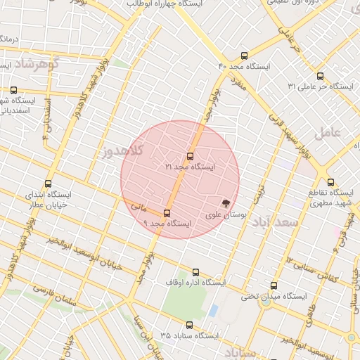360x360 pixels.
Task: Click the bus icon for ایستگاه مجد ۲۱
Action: [x=190, y=156]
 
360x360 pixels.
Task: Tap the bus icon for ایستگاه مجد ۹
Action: [x=167, y=212]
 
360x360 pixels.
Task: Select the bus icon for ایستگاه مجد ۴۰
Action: [x=244, y=55]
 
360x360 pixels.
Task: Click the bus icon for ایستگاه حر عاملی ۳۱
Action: [x=320, y=76]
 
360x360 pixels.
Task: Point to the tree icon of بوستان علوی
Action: [x=225, y=202]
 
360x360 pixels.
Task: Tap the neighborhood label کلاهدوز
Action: [x=122, y=150]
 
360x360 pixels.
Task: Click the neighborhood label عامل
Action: [x=328, y=131]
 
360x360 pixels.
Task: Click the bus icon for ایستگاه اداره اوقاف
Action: [x=195, y=272]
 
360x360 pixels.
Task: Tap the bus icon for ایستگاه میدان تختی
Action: [x=274, y=286]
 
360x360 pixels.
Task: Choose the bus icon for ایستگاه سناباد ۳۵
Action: [x=189, y=325]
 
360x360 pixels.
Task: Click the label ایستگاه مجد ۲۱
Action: [x=190, y=167]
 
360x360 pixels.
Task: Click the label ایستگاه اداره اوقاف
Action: [x=195, y=282]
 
